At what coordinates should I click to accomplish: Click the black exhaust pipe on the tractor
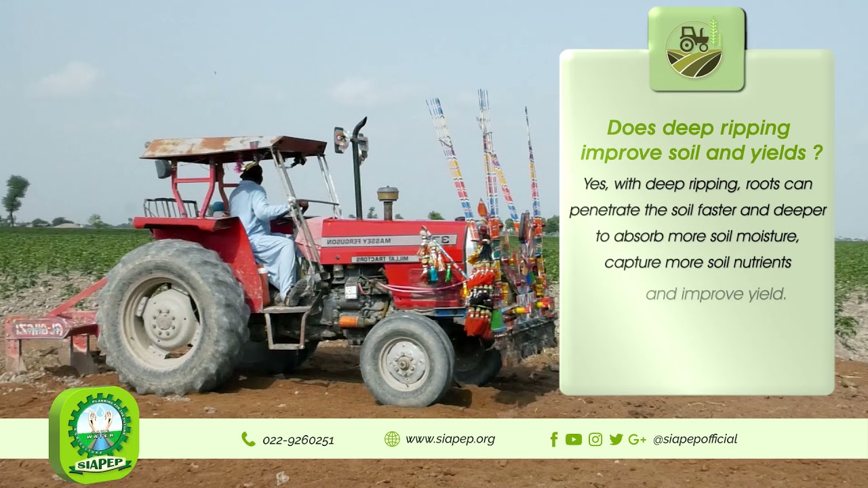(357, 169)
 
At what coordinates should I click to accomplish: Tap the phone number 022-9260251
(298, 440)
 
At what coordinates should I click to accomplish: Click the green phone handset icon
(248, 439)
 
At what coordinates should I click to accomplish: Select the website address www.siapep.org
(450, 439)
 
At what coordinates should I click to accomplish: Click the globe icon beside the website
(392, 439)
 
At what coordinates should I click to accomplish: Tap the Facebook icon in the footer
(554, 439)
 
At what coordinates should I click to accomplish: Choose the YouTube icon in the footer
(574, 439)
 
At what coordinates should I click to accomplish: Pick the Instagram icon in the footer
(595, 439)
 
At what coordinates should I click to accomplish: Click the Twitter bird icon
(616, 439)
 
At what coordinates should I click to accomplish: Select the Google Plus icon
(637, 439)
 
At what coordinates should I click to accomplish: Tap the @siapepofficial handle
(694, 439)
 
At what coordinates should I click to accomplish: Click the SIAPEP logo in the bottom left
(94, 433)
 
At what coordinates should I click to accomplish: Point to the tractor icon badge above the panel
(696, 49)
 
